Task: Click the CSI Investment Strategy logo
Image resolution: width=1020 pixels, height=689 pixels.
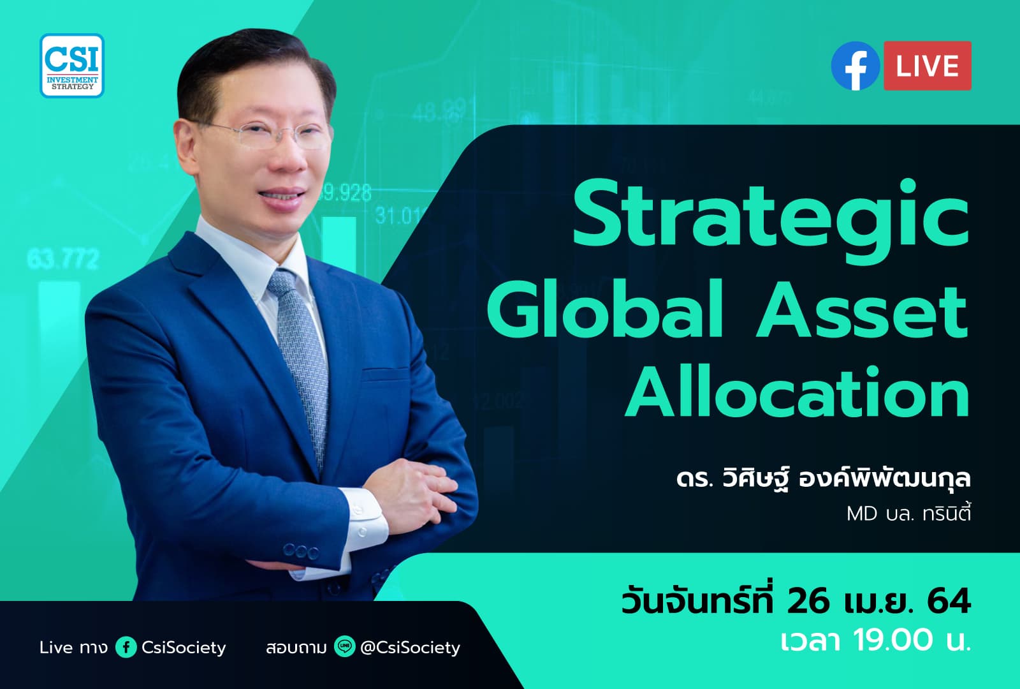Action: pos(72,65)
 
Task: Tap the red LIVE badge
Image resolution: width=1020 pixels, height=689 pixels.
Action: pos(927,66)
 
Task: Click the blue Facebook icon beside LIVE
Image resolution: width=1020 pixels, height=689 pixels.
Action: pos(856,66)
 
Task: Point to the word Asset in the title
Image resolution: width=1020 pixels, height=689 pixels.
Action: pos(862,309)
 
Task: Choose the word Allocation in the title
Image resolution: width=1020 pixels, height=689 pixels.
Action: pos(797,392)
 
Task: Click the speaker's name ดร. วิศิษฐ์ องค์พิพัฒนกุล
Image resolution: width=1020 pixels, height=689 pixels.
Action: pos(823,478)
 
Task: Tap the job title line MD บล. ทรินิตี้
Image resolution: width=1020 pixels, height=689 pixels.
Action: pos(908,513)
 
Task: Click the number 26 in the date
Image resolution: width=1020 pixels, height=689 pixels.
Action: pos(808,601)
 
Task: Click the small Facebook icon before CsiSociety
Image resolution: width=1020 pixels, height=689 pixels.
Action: pos(126,648)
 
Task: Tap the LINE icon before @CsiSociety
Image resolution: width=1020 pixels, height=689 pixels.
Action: pos(344,648)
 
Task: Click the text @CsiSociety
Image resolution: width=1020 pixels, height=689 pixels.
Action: pos(410,648)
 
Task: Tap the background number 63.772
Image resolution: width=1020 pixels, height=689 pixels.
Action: pos(63,259)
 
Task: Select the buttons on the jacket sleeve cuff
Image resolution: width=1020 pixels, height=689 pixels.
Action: pos(301,551)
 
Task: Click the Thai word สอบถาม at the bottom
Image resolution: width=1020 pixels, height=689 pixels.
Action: pos(296,648)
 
